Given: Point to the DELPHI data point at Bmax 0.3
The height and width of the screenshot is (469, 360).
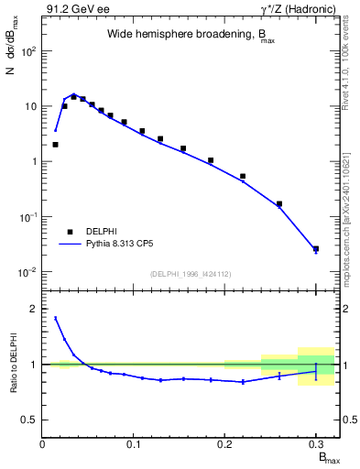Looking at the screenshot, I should click(315, 248).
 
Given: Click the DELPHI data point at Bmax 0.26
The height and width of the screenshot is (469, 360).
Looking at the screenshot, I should click(279, 204).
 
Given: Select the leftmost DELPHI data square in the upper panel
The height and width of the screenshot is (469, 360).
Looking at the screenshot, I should click(55, 144).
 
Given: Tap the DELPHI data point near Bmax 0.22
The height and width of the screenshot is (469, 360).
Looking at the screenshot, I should click(243, 176).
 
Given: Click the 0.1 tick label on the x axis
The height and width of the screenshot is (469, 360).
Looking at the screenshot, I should click(134, 444).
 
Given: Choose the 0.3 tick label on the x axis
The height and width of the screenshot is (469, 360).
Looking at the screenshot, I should click(315, 444).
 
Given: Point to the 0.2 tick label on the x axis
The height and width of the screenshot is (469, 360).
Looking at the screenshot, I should click(224, 444).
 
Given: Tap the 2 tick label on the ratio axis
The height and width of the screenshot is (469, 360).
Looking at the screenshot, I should click(34, 309).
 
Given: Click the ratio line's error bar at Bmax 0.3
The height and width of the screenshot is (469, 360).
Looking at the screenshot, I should click(315, 371).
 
